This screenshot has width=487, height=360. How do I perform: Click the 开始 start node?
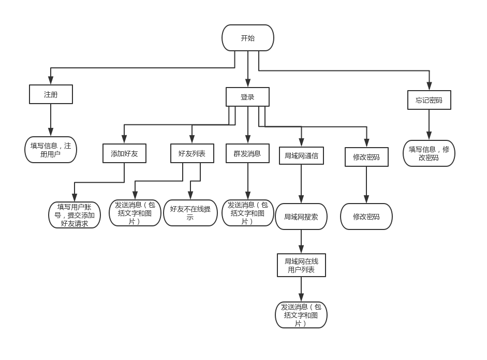pos(247,38)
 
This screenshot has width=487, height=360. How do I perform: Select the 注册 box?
pos(51,94)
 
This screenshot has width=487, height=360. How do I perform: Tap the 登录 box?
pos(247,97)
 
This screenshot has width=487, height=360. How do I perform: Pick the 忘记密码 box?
pos(429,100)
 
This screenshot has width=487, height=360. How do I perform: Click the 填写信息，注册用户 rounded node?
pos(51,150)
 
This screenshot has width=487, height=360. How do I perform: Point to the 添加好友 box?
pos(124,153)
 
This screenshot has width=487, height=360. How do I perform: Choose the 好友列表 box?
pos(192,153)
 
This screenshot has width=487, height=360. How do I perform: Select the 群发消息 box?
pos(247,153)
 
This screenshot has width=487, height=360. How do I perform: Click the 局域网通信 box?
pos(301,155)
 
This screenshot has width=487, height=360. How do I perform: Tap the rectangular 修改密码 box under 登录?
pos(366,157)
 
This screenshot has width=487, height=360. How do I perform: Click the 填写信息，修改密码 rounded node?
pos(429,153)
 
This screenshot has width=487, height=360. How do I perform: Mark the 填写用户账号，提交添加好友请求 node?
pos(75,215)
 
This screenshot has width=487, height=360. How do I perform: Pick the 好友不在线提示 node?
pos(190,213)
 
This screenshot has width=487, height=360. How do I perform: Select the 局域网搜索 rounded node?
pos(301,217)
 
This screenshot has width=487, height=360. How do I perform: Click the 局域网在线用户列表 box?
pos(301,265)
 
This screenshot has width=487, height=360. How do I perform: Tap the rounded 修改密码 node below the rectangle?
pos(366,217)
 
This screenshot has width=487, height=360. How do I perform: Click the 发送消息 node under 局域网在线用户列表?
pos(301,315)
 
